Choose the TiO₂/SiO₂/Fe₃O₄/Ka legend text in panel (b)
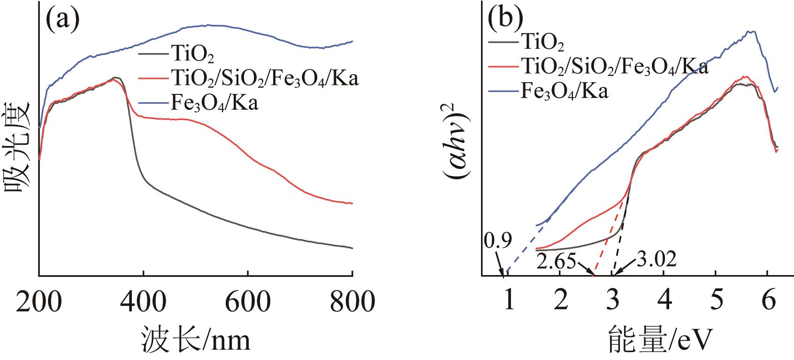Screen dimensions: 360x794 pyautogui.click(x=614, y=67)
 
